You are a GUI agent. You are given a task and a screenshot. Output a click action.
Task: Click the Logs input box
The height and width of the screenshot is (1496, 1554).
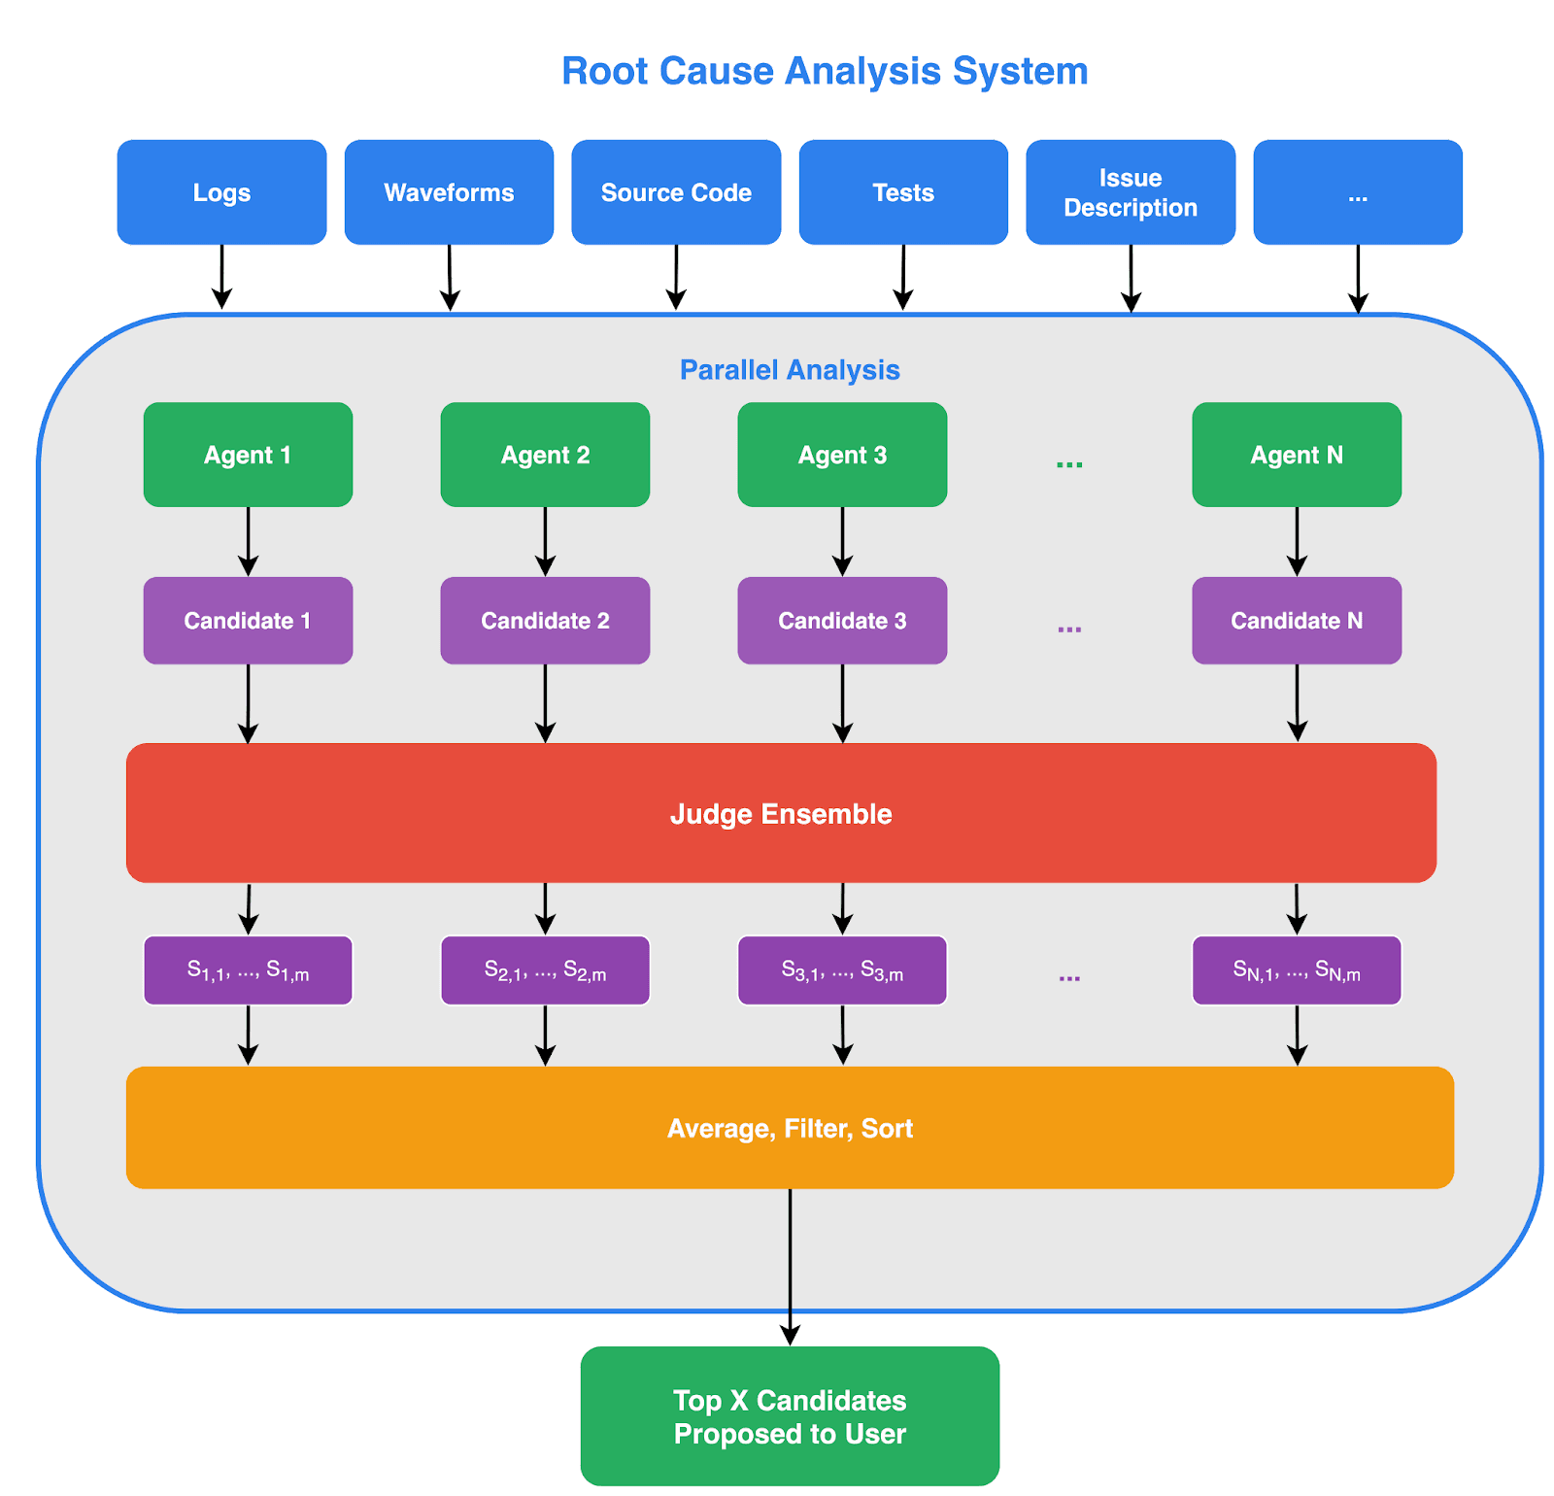coord(221,192)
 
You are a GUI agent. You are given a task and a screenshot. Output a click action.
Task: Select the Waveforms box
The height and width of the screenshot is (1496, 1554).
coord(449,192)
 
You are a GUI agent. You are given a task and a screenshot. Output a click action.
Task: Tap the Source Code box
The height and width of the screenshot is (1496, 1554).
coord(676,192)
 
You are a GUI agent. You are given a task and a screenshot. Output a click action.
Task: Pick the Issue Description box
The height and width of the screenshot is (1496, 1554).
coord(1131,192)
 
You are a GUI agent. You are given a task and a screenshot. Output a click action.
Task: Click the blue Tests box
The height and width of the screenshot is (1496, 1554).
coord(903,192)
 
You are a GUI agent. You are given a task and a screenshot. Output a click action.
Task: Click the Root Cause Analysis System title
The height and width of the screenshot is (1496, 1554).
coord(825,71)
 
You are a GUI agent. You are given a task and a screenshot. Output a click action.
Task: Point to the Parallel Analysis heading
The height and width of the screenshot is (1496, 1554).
coord(790,370)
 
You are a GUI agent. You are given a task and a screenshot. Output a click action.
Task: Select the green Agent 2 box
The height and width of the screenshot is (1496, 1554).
coord(545,455)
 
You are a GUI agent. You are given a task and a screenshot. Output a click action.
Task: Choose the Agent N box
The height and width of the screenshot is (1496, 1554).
coord(1297,455)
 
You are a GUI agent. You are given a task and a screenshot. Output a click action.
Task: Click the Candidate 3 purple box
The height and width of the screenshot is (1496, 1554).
coord(842,621)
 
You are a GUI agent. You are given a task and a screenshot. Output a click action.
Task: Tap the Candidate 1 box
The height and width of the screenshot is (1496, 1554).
coord(248,621)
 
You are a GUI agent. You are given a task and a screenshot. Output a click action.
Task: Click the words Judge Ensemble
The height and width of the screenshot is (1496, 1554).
coord(781,814)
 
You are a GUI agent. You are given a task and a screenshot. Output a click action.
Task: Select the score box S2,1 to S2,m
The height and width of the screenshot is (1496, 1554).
coord(545,970)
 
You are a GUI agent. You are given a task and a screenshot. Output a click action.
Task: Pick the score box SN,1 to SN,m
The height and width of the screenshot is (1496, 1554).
coord(1297,970)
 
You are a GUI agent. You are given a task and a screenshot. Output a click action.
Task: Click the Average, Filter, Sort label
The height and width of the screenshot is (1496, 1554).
coord(790,1128)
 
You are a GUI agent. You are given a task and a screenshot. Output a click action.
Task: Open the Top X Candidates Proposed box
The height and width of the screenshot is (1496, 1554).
coord(790,1416)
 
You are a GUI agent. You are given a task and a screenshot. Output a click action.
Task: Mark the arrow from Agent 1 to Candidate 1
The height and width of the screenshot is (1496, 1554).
coord(248,542)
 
